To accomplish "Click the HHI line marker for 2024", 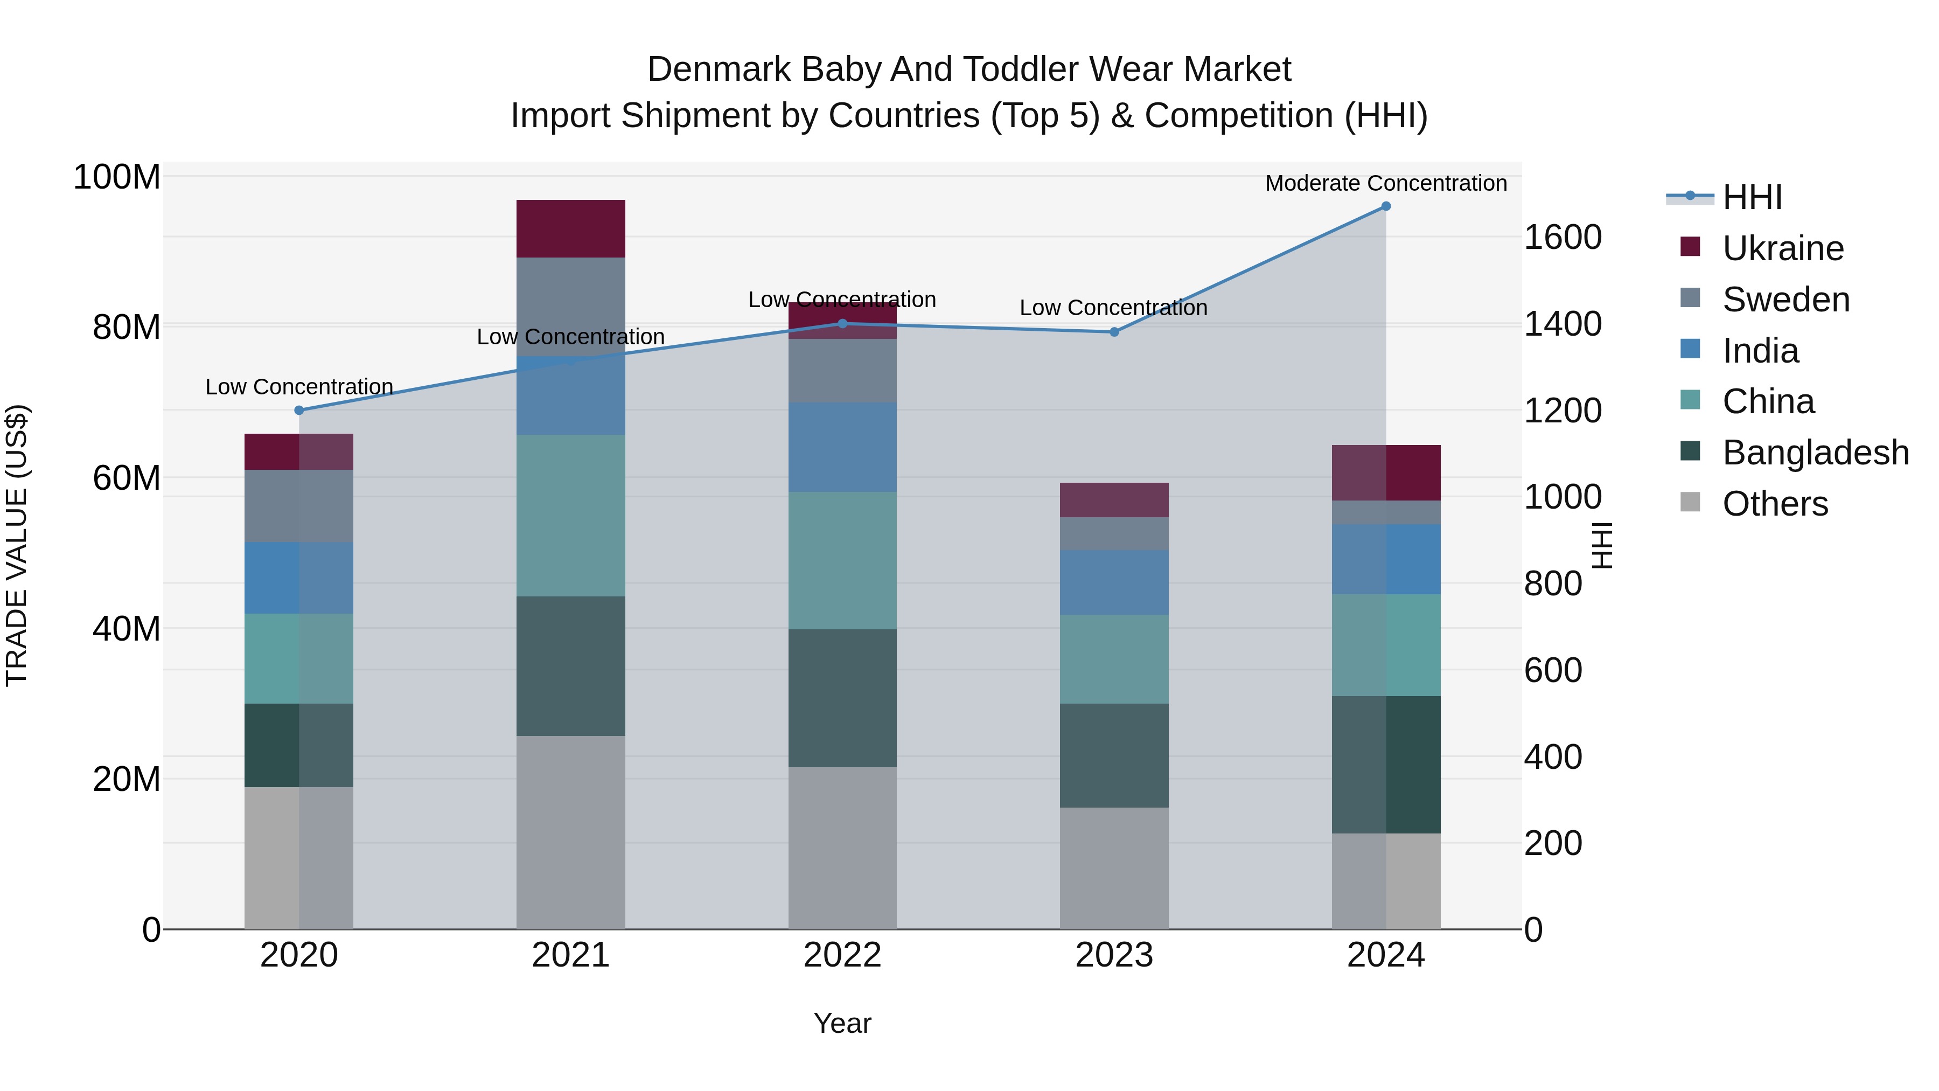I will (1386, 206).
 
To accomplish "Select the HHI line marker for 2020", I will (299, 411).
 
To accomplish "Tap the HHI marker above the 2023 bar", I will (1114, 332).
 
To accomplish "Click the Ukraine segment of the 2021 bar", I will (570, 229).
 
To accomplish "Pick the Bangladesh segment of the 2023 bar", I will (1114, 755).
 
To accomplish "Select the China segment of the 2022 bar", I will (842, 560).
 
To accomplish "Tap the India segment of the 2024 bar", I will (1386, 559).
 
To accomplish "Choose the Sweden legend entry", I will (1785, 300).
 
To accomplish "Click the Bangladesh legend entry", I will (1815, 453).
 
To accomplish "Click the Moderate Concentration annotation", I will (1386, 183).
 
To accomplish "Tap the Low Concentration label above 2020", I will (299, 387).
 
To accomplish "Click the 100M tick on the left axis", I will (117, 178).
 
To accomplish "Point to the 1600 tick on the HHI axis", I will (1563, 237).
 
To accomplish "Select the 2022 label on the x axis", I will (842, 955).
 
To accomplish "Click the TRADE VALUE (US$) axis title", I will (17, 545).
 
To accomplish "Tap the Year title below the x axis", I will (842, 1023).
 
